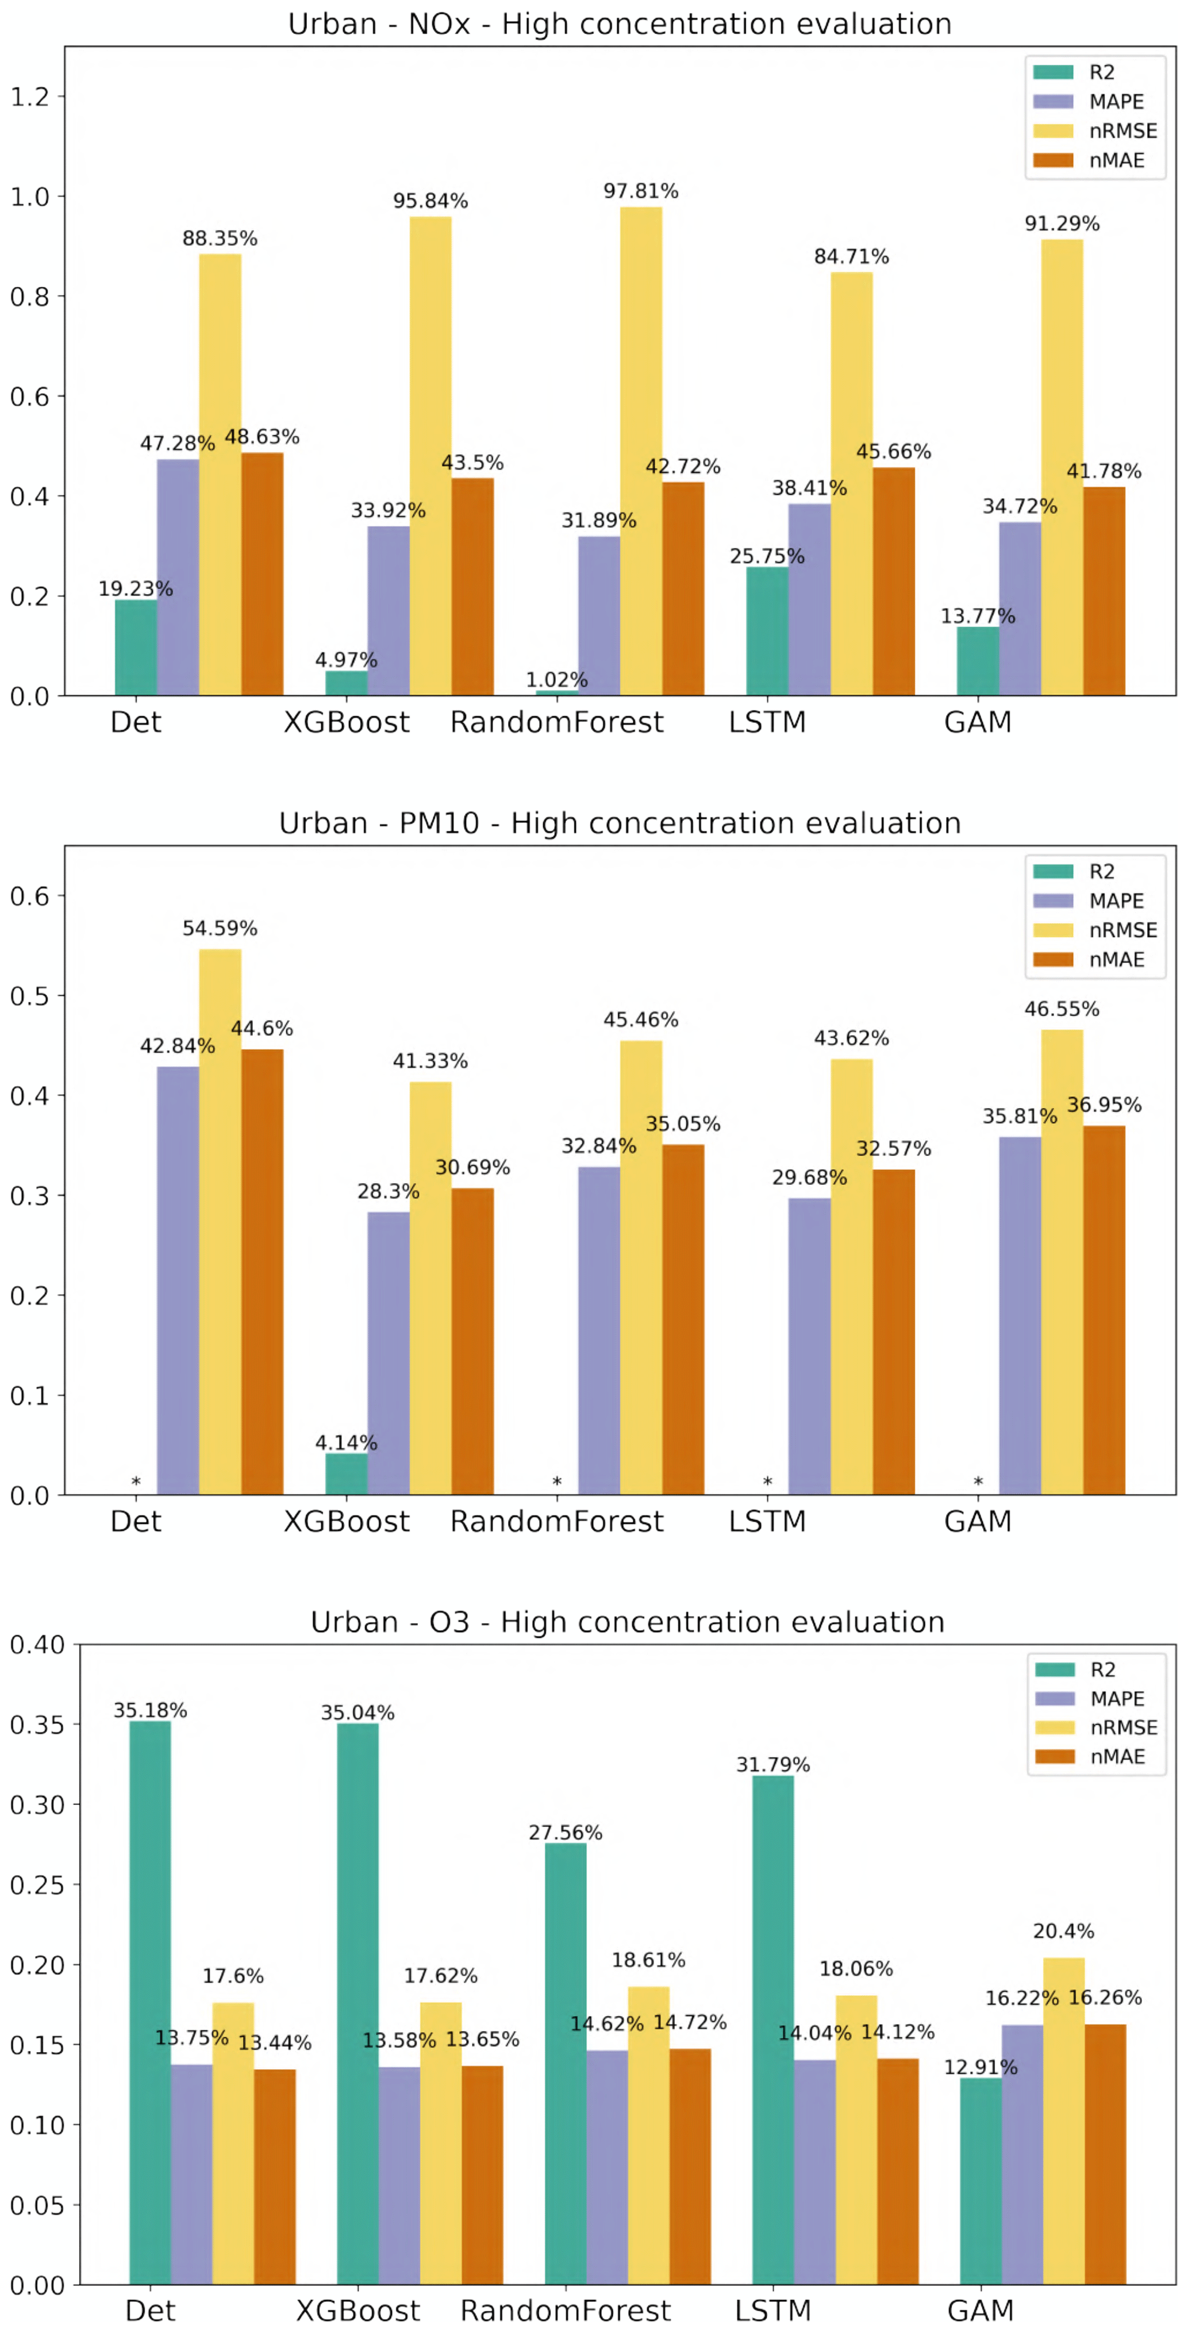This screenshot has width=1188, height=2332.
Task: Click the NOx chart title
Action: click(x=620, y=24)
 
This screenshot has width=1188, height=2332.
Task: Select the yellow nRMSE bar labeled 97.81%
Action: click(x=640, y=453)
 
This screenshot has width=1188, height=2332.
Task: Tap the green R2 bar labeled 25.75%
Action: click(x=767, y=631)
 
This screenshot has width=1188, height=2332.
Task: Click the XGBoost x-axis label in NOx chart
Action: click(x=346, y=722)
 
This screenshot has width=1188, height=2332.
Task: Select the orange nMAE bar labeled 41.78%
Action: click(x=1104, y=591)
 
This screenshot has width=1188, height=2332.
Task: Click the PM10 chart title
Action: click(x=620, y=823)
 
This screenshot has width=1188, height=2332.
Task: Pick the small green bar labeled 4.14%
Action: click(x=346, y=1474)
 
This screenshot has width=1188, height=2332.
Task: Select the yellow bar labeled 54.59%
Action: click(x=220, y=1222)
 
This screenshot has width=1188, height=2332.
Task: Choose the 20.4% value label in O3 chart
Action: click(x=1063, y=1931)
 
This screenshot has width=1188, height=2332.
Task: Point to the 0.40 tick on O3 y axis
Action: click(x=36, y=1645)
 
